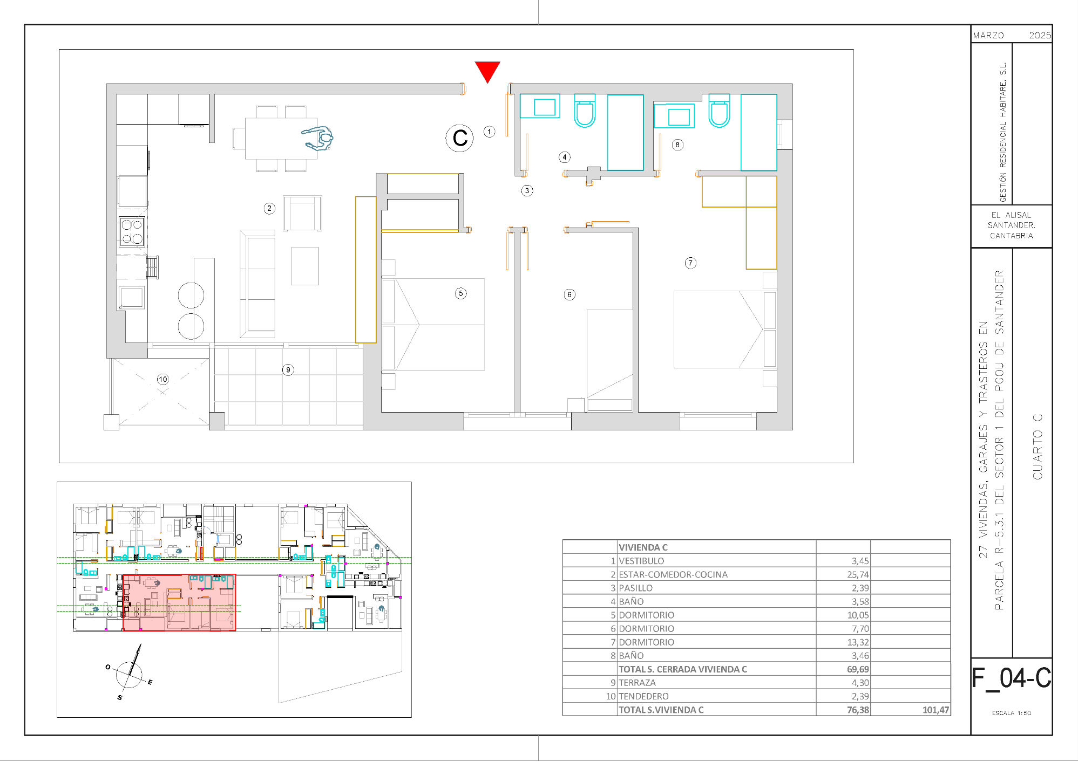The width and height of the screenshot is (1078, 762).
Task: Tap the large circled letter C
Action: point(459,138)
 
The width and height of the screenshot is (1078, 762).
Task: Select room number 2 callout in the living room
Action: point(269,208)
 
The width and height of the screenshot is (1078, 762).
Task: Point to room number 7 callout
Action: point(690,263)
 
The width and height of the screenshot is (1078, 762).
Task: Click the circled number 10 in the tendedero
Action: point(163,379)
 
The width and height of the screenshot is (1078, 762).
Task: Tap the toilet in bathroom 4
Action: point(585,111)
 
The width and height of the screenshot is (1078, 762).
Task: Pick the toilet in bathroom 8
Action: point(719,111)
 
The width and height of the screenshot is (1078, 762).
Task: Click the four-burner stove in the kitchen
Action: point(132,232)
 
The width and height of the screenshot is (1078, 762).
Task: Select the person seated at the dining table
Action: point(318,138)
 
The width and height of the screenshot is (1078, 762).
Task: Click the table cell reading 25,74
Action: point(858,574)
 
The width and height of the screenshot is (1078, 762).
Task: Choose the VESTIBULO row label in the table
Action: point(641,561)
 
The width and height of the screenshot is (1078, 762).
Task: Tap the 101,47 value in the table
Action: point(935,710)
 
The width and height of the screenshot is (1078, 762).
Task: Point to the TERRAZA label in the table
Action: point(637,683)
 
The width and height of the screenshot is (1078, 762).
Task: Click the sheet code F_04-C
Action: point(1011,678)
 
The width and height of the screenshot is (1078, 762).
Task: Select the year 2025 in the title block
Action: point(1040,36)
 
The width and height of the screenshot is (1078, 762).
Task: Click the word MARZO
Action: point(988,36)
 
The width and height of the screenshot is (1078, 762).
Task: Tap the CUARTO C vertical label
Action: point(1037,447)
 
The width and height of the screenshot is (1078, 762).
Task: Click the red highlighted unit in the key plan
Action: point(179,602)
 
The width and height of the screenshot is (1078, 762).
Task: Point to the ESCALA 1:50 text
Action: point(1011,713)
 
